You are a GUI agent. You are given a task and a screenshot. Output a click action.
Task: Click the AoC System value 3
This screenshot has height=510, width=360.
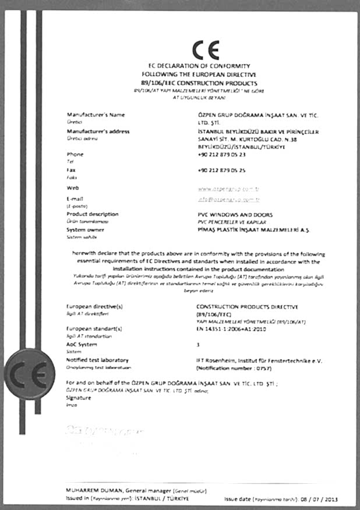(x=199, y=345)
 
